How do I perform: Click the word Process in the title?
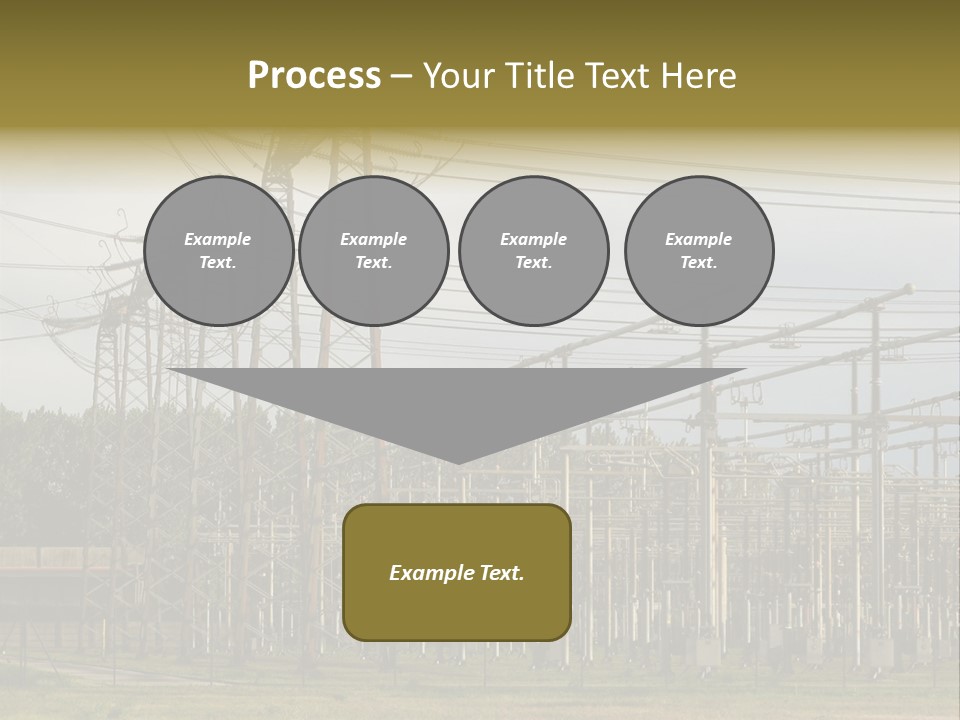[314, 75]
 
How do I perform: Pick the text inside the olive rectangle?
[457, 573]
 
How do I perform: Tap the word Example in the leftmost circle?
[218, 239]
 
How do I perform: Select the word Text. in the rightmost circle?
[699, 262]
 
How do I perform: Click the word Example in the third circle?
[533, 239]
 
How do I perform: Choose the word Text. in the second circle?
[374, 262]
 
